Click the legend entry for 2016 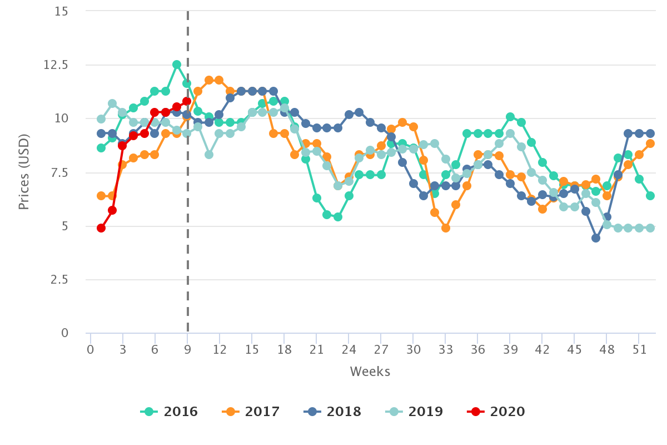pyautogui.click(x=170, y=412)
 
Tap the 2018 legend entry pyautogui.click(x=333, y=412)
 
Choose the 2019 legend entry pyautogui.click(x=415, y=412)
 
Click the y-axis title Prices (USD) pyautogui.click(x=23, y=172)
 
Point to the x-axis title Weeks pyautogui.click(x=370, y=372)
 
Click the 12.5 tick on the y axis pyautogui.click(x=56, y=65)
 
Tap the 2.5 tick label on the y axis pyautogui.click(x=59, y=280)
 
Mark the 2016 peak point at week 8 pyautogui.click(x=177, y=65)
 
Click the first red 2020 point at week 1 pyautogui.click(x=101, y=228)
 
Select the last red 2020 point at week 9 pyautogui.click(x=187, y=101)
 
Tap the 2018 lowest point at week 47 pyautogui.click(x=596, y=238)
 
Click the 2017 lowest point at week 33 pyautogui.click(x=445, y=228)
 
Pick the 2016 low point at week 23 pyautogui.click(x=338, y=217)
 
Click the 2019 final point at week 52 pyautogui.click(x=650, y=228)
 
